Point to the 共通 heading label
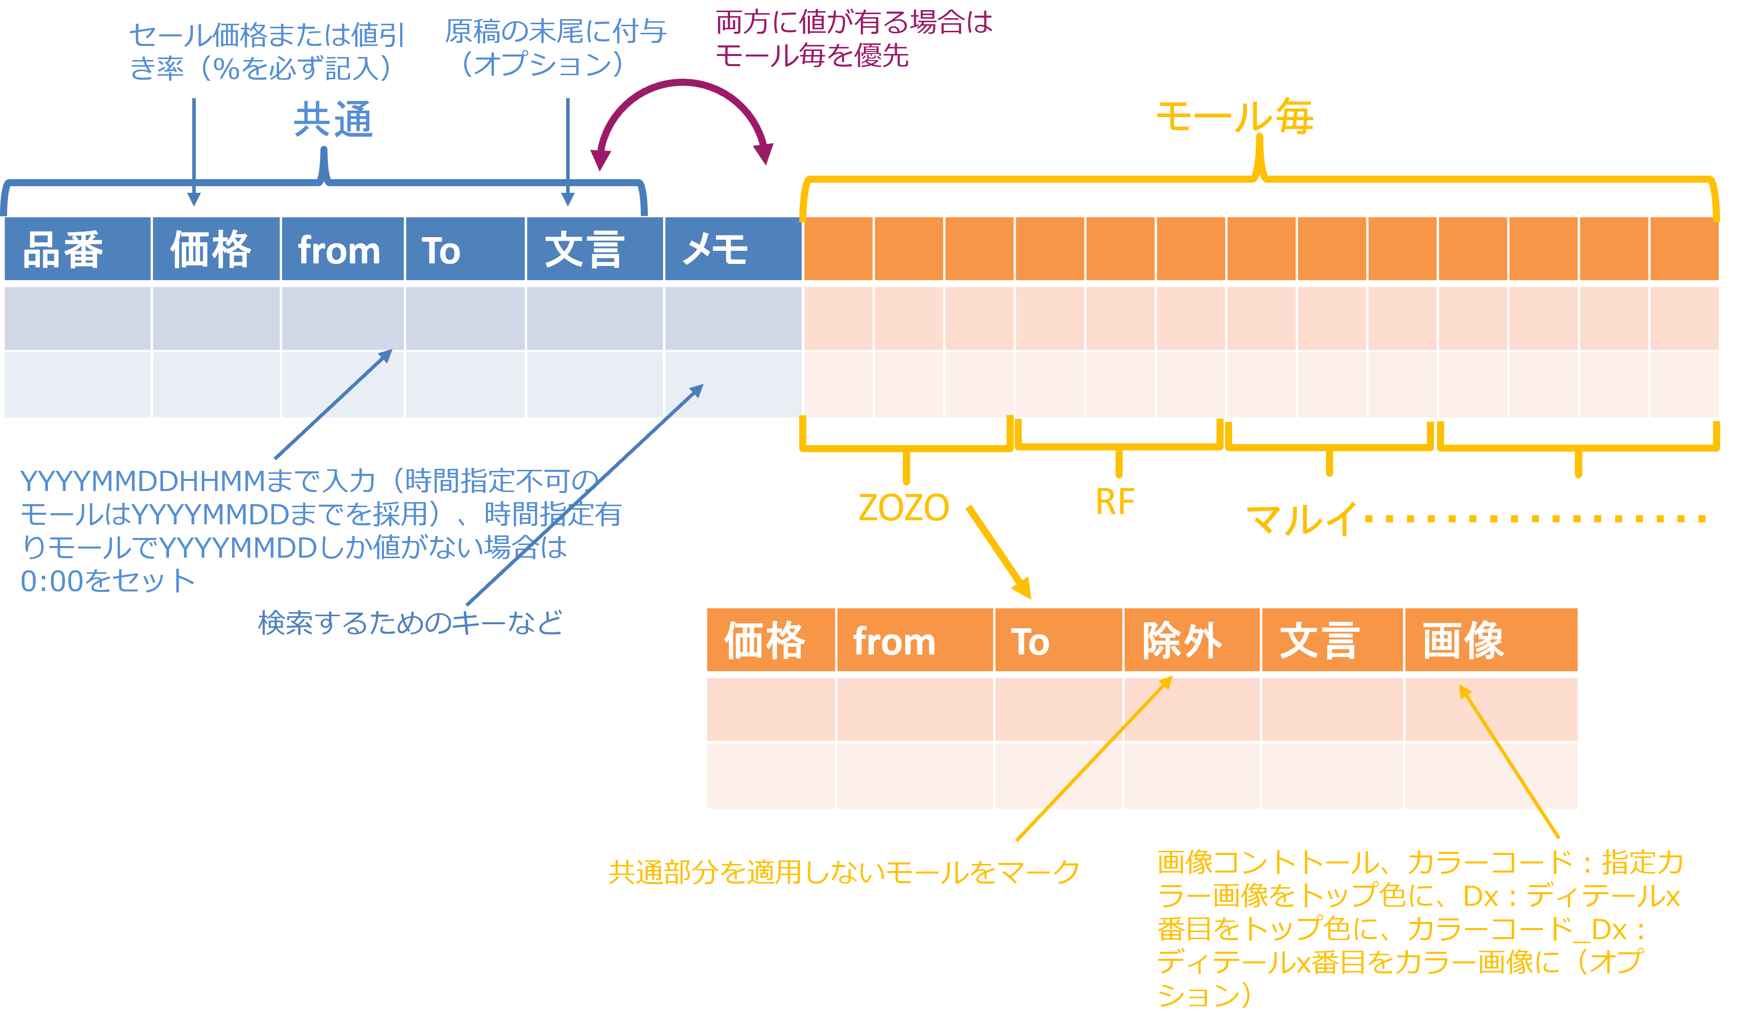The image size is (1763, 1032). pos(333,120)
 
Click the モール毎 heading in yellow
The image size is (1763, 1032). pos(1235,116)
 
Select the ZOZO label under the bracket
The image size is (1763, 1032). pos(903,507)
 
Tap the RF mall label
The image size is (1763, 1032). pos(1115,502)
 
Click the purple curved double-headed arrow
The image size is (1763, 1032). pos(683,87)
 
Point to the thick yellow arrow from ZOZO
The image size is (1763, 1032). pos(999,552)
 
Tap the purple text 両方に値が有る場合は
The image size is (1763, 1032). pos(854,22)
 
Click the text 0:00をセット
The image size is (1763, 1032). pos(108,581)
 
